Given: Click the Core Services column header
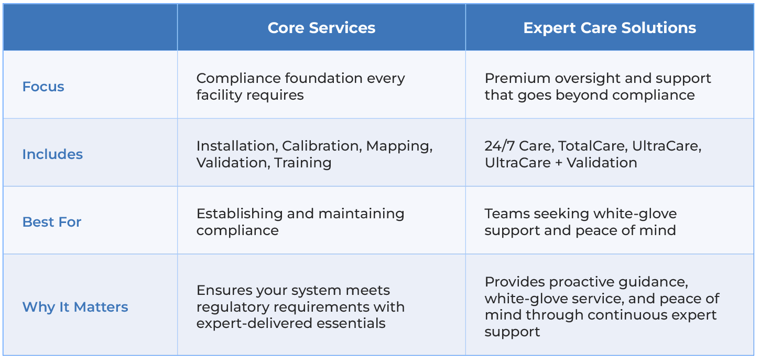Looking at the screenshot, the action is (321, 28).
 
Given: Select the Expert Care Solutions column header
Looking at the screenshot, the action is (610, 28).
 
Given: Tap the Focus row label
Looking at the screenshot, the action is (43, 87).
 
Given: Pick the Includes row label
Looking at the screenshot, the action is (52, 154).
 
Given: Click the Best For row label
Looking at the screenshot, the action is (52, 222).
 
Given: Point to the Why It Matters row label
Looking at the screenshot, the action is (75, 307).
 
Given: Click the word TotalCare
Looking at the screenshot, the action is (593, 146).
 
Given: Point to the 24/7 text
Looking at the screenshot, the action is (500, 146).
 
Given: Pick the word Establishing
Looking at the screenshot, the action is (240, 214).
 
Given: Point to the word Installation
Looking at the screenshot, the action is (237, 146).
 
